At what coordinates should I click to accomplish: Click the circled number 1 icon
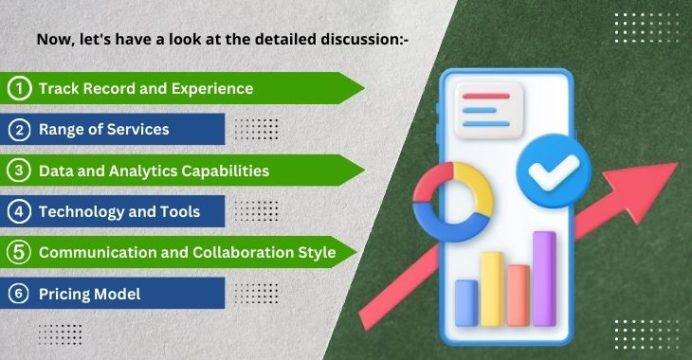19,88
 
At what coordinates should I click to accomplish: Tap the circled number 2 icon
19,130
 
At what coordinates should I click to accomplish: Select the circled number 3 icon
19,171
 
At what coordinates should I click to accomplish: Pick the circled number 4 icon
19,212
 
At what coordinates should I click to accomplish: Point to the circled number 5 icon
19,252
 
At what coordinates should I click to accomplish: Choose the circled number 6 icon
19,294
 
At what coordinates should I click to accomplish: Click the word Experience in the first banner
212,89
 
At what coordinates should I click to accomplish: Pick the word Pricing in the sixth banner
64,295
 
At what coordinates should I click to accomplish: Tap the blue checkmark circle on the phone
554,171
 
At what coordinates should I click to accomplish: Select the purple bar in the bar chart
544,279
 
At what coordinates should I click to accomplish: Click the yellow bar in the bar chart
492,289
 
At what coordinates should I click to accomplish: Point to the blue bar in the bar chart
466,303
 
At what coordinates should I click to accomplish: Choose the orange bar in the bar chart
519,296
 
